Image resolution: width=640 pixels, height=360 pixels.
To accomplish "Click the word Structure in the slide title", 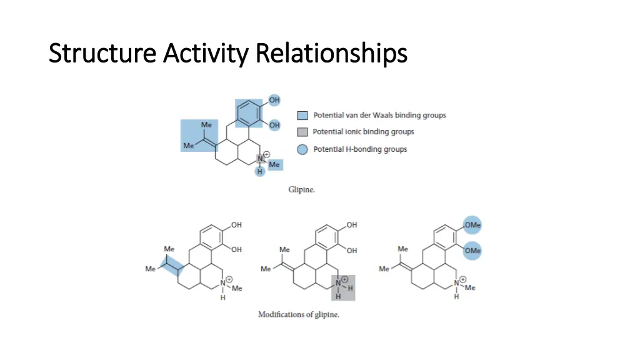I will tap(102, 54).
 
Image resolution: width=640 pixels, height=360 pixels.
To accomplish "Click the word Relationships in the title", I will tap(331, 54).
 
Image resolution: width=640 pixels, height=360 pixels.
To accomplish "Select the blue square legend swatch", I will tap(302, 116).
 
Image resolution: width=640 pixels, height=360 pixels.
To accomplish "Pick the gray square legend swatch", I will tap(302, 132).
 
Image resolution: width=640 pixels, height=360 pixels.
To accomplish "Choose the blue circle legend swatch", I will tap(302, 149).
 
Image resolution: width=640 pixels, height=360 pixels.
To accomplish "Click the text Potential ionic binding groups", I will tap(363, 132).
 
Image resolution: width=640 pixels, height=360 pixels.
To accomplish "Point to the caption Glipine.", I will tap(301, 189).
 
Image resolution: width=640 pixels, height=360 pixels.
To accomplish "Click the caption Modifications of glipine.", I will tap(299, 314).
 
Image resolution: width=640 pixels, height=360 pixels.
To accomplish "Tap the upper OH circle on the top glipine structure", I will tap(274, 100).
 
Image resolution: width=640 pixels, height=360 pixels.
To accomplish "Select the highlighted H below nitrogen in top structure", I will tap(260, 172).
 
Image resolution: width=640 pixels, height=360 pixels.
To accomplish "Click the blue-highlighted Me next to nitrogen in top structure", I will tap(274, 164).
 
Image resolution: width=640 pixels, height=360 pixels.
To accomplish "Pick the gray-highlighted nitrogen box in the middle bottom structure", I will tap(343, 287).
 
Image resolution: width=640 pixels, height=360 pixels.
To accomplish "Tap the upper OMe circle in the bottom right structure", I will tap(472, 226).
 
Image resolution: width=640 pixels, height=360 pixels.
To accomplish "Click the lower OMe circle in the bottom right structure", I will tap(472, 251).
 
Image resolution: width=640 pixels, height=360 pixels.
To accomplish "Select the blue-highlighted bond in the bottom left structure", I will tap(173, 266).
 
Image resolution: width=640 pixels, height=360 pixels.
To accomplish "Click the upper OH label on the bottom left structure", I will tap(236, 225).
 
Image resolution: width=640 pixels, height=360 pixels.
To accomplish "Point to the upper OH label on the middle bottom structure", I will tap(352, 225).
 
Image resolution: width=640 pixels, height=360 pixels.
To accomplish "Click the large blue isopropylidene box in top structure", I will tap(199, 136).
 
